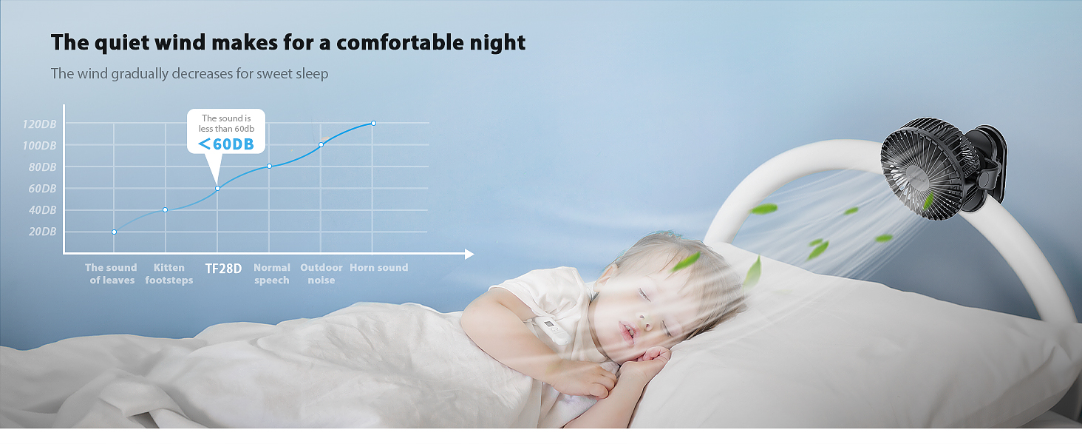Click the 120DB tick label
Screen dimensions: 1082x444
[39, 124]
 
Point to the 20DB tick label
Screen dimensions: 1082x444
[43, 232]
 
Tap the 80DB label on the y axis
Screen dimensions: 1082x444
[43, 167]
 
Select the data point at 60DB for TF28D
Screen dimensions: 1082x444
[217, 188]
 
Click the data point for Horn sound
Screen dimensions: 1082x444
[373, 124]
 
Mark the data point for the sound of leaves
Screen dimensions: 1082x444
[114, 232]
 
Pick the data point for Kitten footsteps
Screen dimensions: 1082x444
[166, 210]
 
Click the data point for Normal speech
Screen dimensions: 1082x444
[270, 166]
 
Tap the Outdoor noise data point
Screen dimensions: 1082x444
[321, 144]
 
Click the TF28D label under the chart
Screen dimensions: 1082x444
[223, 269]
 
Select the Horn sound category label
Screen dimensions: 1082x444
[378, 267]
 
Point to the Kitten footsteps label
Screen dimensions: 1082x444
[169, 274]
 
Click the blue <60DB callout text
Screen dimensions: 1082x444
[226, 144]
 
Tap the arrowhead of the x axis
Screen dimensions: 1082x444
[469, 254]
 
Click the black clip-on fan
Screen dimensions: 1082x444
[943, 169]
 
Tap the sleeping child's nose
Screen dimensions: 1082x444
[644, 319]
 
